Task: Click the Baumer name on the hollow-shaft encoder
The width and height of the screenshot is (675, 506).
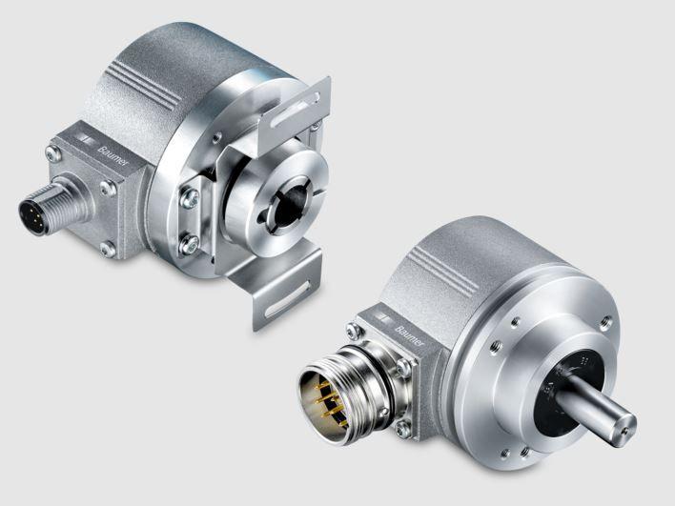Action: (x=112, y=156)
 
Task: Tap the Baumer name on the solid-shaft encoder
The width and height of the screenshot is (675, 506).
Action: (x=409, y=335)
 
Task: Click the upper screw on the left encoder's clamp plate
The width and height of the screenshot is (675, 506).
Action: (x=190, y=198)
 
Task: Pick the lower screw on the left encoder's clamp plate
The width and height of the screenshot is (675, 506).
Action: (x=190, y=245)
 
